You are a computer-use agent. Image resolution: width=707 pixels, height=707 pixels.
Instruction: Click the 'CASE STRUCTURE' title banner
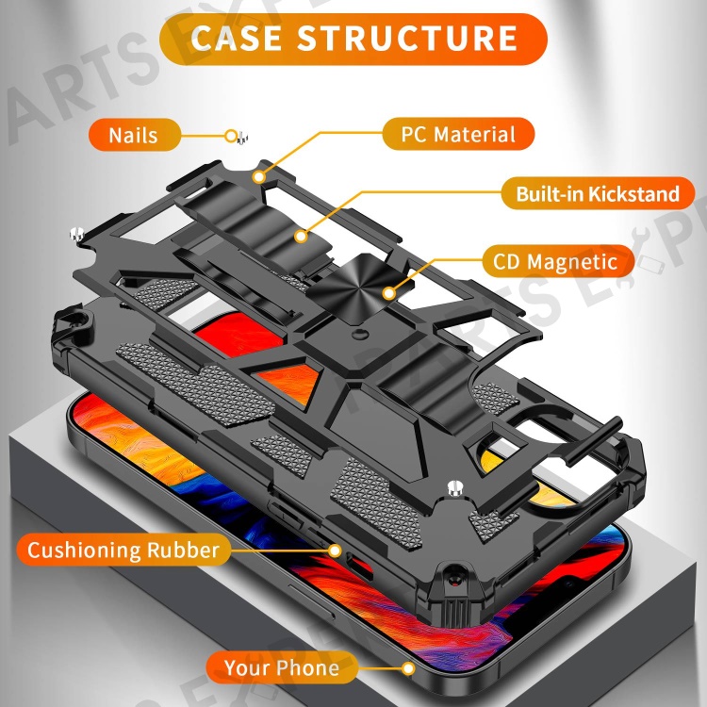pos(353,39)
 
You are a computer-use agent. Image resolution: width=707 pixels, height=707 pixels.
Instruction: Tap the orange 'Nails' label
pos(133,134)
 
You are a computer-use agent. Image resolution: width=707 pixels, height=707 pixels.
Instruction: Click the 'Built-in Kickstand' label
pos(598,195)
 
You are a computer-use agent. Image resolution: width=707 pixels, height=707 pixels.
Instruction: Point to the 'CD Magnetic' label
pos(555,261)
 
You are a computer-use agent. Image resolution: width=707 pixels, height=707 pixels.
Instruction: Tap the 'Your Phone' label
pos(282,669)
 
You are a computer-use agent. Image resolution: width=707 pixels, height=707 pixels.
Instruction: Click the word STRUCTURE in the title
pos(408,39)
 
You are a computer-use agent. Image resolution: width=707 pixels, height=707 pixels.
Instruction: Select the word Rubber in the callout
pos(182,550)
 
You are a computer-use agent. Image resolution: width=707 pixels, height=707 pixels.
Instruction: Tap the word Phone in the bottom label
pos(308,669)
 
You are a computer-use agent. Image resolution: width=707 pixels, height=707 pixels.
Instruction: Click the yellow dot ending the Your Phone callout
pos(408,669)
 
